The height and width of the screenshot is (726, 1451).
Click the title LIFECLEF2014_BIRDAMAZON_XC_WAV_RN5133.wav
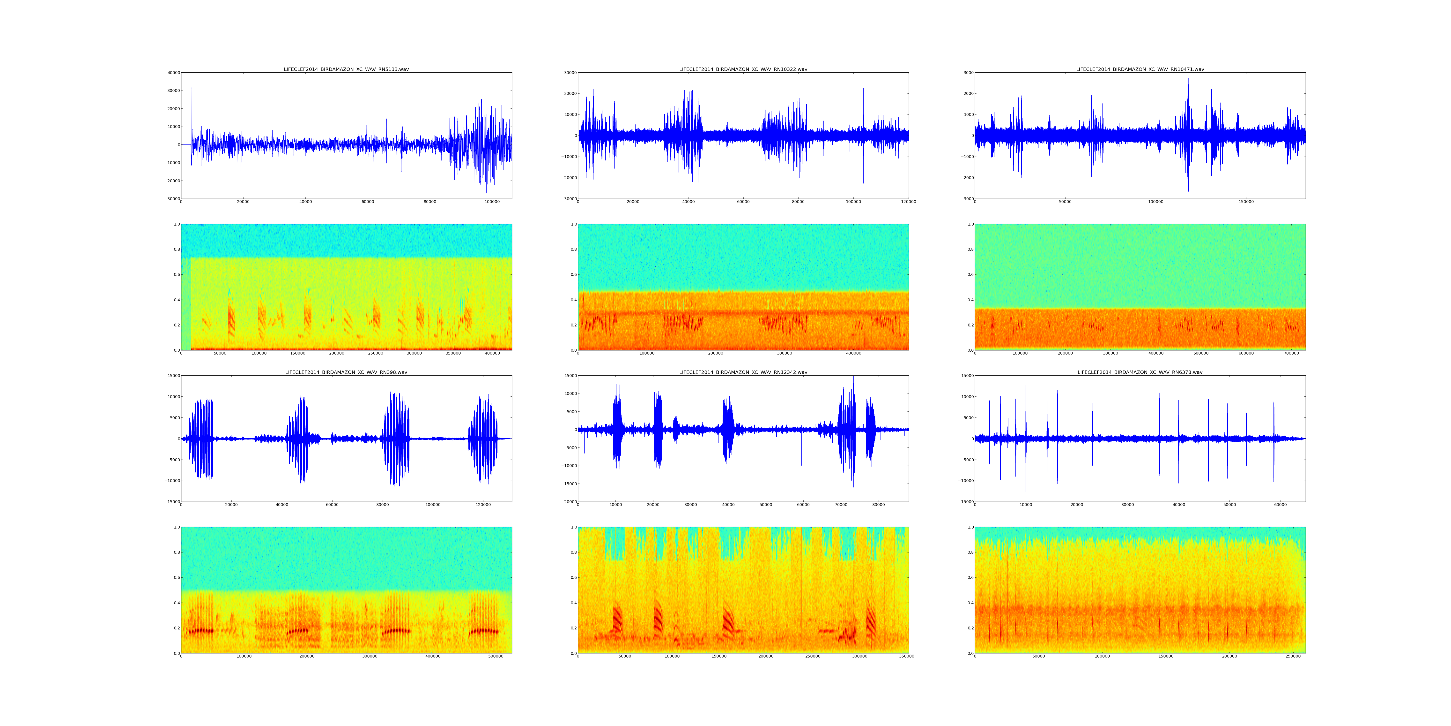pos(346,69)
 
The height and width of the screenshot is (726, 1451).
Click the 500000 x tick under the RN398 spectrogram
pos(496,656)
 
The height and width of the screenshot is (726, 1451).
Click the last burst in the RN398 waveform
pos(483,439)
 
